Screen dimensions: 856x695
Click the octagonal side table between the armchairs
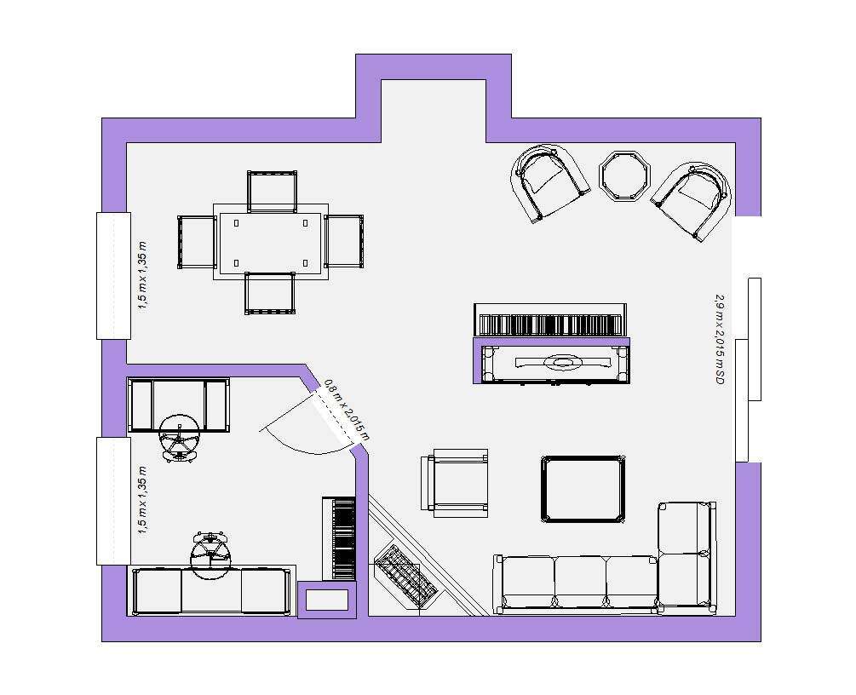click(x=625, y=176)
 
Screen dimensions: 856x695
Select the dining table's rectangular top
click(x=271, y=242)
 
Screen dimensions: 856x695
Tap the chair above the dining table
click(x=272, y=191)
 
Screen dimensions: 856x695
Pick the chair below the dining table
click(x=270, y=293)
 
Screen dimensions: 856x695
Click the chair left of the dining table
click(x=197, y=242)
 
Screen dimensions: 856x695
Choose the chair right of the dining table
click(x=344, y=241)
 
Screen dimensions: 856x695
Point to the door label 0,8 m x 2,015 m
click(x=347, y=410)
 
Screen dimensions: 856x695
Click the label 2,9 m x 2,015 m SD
click(x=720, y=339)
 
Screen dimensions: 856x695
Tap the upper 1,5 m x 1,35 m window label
click(x=142, y=275)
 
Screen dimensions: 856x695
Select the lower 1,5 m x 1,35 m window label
click(x=142, y=500)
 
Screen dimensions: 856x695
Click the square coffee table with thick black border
click(x=583, y=490)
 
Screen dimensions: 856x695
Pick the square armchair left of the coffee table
click(x=454, y=483)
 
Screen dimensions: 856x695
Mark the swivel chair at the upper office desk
click(x=179, y=438)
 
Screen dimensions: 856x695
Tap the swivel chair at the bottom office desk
click(x=210, y=554)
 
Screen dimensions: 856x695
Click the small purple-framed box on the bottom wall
click(x=327, y=600)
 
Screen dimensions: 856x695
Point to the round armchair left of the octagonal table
click(x=549, y=182)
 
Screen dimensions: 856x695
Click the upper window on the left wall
click(x=113, y=276)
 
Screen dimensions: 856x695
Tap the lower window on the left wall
click(x=113, y=501)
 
